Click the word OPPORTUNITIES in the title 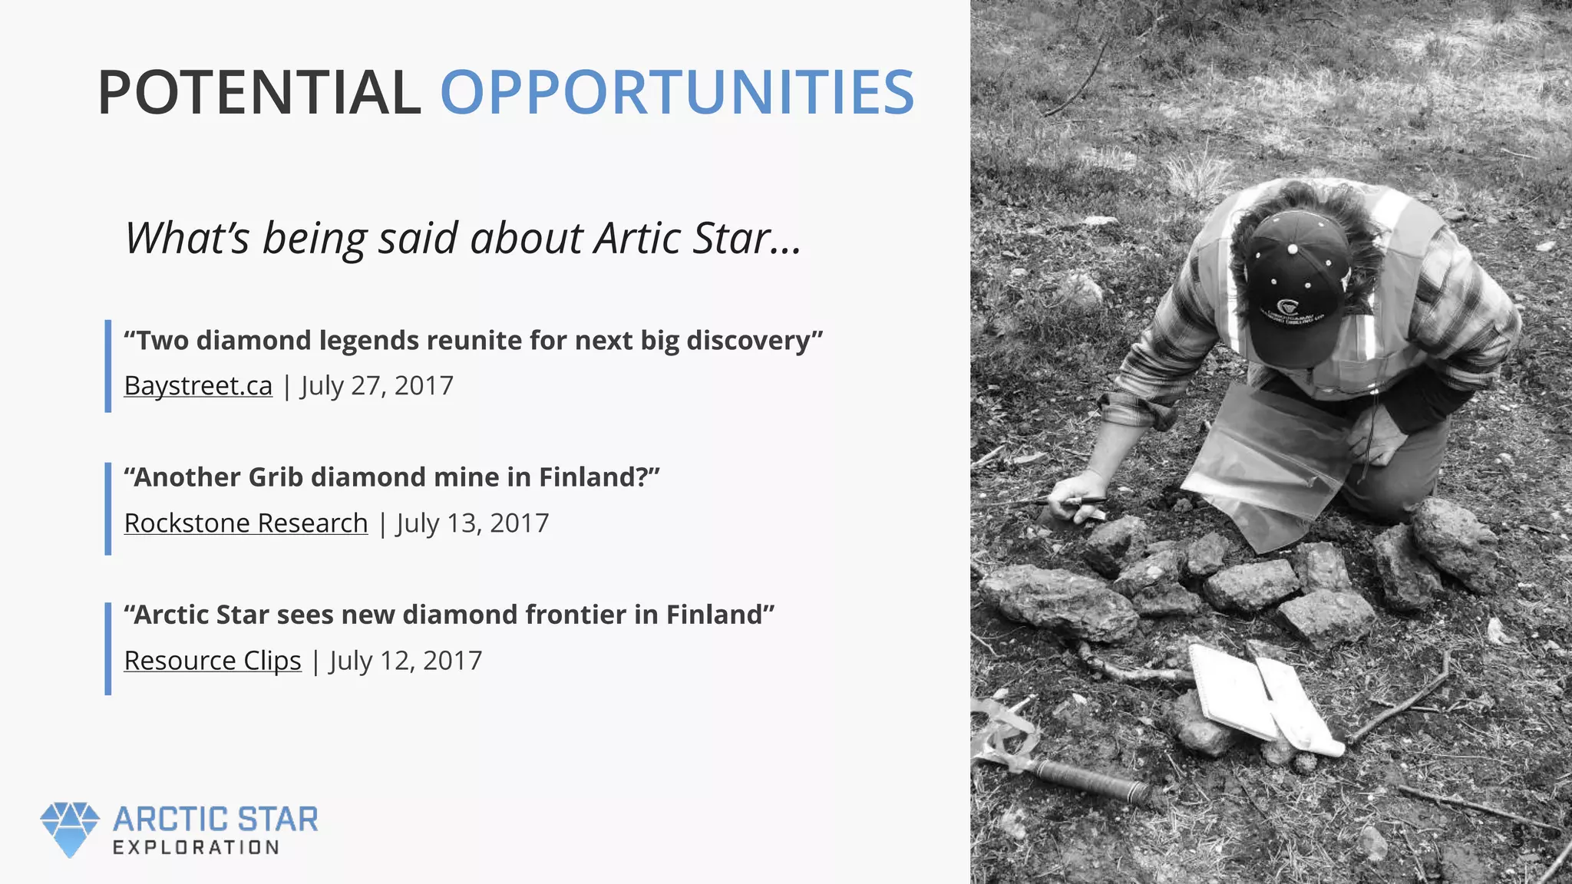click(676, 93)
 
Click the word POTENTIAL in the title click(259, 93)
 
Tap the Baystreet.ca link click(198, 385)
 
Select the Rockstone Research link click(246, 523)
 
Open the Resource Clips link click(213, 660)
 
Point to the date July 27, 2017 click(377, 385)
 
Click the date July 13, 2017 click(473, 523)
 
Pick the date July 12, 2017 click(406, 660)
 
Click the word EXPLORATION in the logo click(196, 848)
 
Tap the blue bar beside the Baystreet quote click(108, 366)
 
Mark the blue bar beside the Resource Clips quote click(108, 648)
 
